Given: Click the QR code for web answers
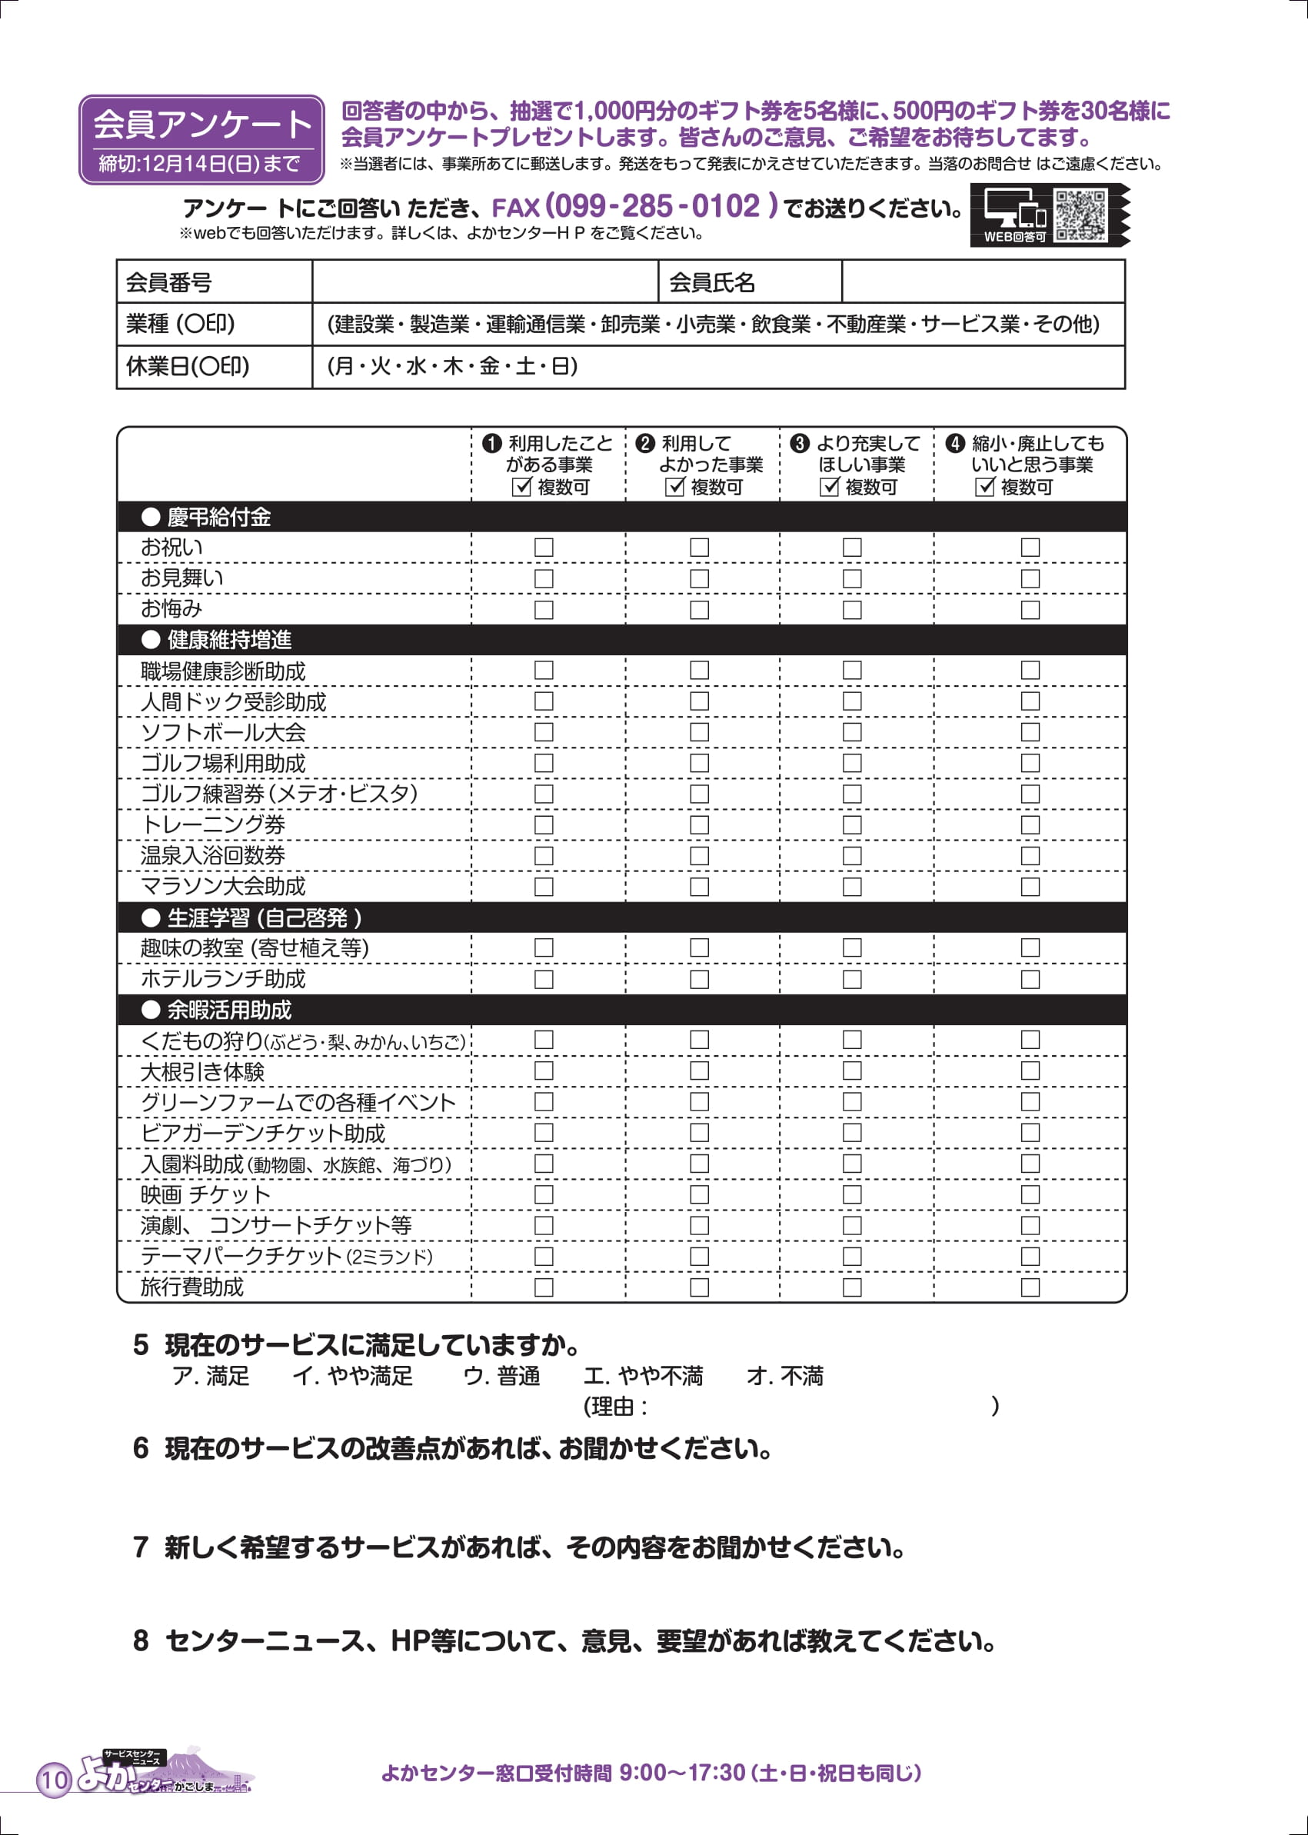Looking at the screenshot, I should pyautogui.click(x=1080, y=215).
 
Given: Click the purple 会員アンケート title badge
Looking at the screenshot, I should pyautogui.click(x=201, y=138).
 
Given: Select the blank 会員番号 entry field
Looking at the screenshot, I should pyautogui.click(x=485, y=282).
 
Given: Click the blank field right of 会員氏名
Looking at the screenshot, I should pyautogui.click(x=983, y=282).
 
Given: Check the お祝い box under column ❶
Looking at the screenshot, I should pyautogui.click(x=544, y=548).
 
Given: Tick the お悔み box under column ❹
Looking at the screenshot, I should pyautogui.click(x=1030, y=610).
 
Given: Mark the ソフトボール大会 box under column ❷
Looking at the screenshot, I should pyautogui.click(x=699, y=732).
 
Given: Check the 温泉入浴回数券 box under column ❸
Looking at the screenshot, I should pyautogui.click(x=852, y=855).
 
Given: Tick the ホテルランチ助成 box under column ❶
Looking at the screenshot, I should pyautogui.click(x=544, y=980).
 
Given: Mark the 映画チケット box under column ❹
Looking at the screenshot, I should pyautogui.click(x=1030, y=1194).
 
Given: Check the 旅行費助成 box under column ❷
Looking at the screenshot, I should pyautogui.click(x=699, y=1287).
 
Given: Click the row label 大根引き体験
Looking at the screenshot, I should pyautogui.click(x=202, y=1072).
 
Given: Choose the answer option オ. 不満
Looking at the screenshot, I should pyautogui.click(x=784, y=1377).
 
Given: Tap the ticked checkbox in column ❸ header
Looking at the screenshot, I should pyautogui.click(x=830, y=488).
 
